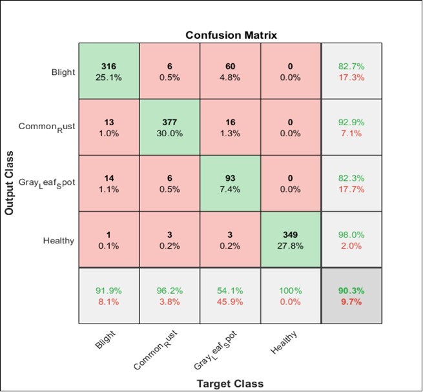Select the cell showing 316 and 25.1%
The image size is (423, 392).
coord(109,71)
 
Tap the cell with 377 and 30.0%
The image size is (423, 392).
coord(170,127)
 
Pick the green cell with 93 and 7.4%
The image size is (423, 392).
coord(230,183)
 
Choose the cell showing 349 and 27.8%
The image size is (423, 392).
coord(291,239)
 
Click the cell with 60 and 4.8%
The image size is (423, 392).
coord(230,71)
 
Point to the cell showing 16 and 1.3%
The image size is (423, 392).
coord(230,127)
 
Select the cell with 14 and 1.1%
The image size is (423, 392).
coord(109,183)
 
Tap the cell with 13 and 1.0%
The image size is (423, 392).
coord(109,127)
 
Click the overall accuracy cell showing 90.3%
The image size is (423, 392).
coord(351,295)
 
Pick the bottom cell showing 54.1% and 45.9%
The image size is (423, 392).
coord(230,295)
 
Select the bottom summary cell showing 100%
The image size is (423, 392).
coord(291,295)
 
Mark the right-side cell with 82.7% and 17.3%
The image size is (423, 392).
coord(351,71)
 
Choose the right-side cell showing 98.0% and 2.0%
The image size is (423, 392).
coord(351,239)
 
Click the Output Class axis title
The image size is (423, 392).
coord(10,183)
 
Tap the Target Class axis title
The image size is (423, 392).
coord(230,383)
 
